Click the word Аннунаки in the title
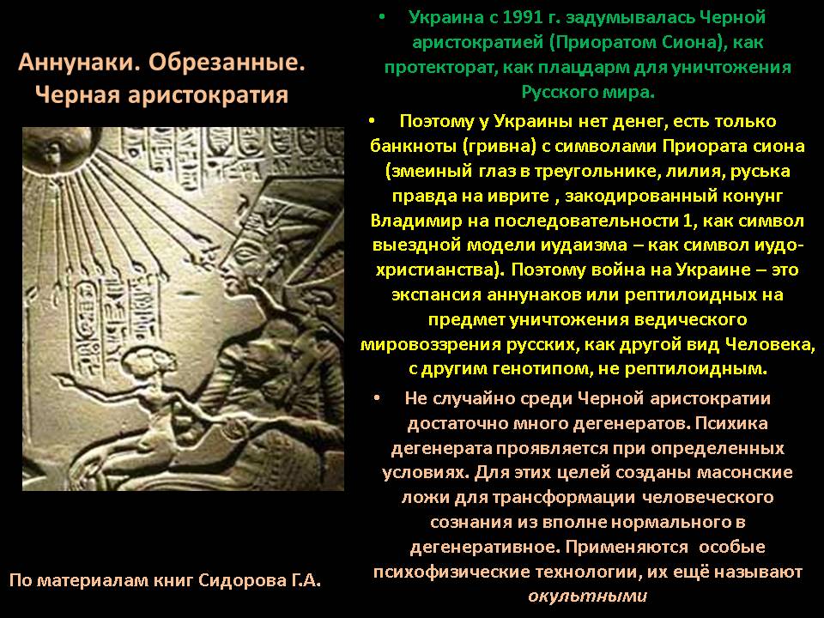pos(75,63)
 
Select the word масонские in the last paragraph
pos(745,472)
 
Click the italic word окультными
pos(587,597)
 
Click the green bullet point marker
pos(381,17)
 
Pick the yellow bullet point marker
pos(372,121)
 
